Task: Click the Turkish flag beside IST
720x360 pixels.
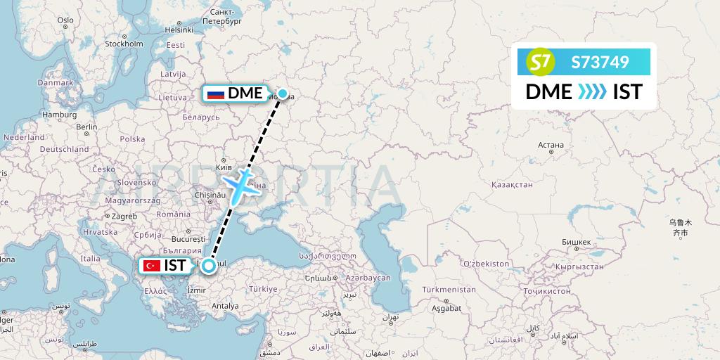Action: coord(150,266)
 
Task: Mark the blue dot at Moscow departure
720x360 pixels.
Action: coord(283,93)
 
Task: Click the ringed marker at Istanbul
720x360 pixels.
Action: coord(208,266)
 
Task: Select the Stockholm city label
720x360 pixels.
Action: coord(124,44)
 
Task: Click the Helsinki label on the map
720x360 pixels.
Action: coord(179,30)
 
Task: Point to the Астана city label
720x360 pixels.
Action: coord(551,146)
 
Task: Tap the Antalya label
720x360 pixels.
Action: coord(225,306)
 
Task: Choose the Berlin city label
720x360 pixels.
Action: coord(86,127)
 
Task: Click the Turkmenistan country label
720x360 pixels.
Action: coord(449,290)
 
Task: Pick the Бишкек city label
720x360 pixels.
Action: coord(576,242)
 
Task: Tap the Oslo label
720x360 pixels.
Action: coord(65,20)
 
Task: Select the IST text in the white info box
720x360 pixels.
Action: coord(627,91)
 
